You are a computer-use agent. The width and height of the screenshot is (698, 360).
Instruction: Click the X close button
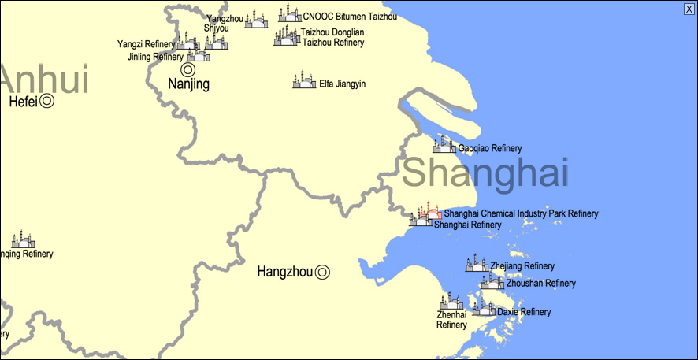point(689,9)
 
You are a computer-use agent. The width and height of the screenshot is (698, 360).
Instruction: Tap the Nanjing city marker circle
point(189,69)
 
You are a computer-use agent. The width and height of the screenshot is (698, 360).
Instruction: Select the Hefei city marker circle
point(47,101)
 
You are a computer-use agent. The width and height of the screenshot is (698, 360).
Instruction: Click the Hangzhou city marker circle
point(322,273)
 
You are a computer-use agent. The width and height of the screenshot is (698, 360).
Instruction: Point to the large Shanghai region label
point(485,172)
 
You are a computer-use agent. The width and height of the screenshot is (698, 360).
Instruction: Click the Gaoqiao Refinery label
point(490,149)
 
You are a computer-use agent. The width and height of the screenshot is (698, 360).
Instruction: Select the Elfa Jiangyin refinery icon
point(303,82)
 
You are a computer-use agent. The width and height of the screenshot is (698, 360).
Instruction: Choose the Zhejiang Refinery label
point(522,266)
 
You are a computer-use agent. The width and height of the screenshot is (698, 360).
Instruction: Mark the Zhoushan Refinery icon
point(492,281)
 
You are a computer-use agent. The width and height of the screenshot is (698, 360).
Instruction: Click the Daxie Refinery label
point(524,312)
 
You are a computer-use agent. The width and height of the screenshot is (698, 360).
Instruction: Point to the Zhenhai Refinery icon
point(451,302)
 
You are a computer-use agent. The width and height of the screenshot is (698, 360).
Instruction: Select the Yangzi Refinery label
point(146,44)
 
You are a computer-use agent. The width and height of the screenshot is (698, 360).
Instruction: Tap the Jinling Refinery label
point(155,58)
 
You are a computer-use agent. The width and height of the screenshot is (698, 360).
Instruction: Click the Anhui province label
point(44,81)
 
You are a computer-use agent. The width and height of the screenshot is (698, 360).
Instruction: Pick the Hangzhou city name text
point(284,273)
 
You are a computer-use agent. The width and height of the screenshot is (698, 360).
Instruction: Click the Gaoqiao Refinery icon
point(445,145)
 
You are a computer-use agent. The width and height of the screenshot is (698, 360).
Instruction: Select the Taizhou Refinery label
point(333,43)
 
